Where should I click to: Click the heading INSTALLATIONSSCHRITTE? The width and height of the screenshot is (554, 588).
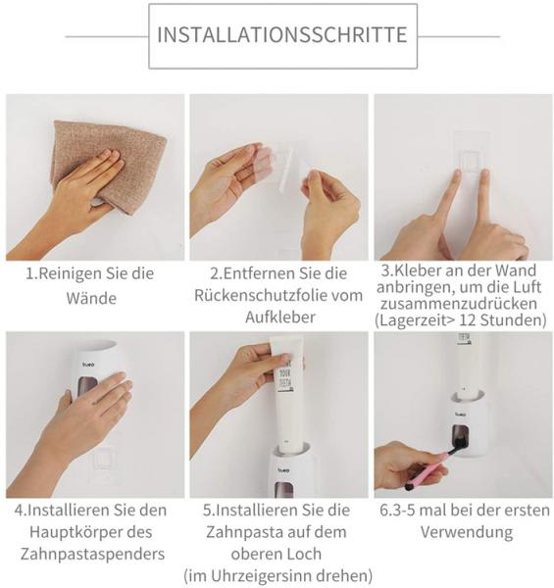pyautogui.click(x=282, y=35)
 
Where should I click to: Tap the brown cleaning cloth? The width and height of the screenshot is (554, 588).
pyautogui.click(x=109, y=165)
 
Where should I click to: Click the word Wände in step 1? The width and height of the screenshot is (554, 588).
pyautogui.click(x=91, y=298)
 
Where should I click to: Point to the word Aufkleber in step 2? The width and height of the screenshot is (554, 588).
pyautogui.click(x=280, y=318)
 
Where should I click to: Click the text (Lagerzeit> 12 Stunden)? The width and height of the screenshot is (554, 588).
pyautogui.click(x=461, y=320)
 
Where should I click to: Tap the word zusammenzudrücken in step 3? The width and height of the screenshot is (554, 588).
pyautogui.click(x=459, y=304)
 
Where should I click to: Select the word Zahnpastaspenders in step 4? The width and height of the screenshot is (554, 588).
pyautogui.click(x=92, y=555)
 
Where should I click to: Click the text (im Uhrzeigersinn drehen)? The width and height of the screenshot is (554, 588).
pyautogui.click(x=277, y=575)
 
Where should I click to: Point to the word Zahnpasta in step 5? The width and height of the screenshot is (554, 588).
pyautogui.click(x=240, y=532)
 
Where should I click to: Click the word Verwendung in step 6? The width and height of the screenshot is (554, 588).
pyautogui.click(x=466, y=532)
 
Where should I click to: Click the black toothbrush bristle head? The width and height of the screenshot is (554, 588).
pyautogui.click(x=457, y=447)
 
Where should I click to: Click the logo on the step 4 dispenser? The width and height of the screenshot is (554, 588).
pyautogui.click(x=88, y=365)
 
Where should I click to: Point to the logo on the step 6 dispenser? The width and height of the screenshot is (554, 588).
pyautogui.click(x=461, y=415)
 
